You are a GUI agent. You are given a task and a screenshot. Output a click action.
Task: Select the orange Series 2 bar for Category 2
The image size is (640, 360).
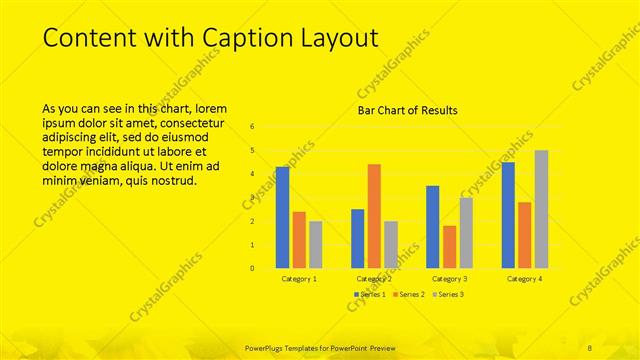(374, 216)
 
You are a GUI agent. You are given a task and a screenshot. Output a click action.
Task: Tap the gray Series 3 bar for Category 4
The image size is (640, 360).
(541, 209)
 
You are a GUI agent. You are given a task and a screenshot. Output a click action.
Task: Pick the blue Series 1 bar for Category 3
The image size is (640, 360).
(432, 227)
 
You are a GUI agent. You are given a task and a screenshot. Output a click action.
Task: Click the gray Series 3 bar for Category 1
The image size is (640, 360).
(316, 245)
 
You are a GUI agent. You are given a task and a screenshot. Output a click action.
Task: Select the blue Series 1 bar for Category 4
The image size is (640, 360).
(508, 215)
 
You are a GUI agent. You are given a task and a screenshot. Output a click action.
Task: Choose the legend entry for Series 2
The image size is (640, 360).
(409, 293)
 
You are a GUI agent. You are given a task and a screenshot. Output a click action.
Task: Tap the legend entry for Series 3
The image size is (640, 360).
(449, 293)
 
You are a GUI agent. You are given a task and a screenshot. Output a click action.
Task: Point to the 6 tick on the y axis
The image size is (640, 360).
(252, 127)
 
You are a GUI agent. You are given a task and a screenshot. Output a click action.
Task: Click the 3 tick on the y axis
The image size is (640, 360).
(252, 198)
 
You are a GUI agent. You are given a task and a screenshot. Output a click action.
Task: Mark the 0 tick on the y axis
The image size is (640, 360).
(252, 268)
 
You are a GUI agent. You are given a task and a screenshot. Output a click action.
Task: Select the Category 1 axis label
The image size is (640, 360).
(299, 279)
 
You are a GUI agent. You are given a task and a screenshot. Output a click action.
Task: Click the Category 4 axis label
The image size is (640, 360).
(524, 279)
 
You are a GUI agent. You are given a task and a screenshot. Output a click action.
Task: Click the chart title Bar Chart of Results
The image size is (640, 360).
(408, 110)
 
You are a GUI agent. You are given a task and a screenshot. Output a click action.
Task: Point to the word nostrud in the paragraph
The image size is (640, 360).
(173, 181)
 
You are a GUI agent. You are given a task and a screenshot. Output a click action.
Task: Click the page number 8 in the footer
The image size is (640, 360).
(591, 345)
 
